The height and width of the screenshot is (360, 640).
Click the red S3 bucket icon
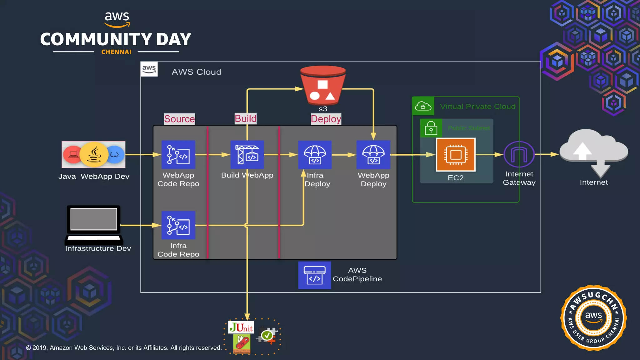pyautogui.click(x=323, y=86)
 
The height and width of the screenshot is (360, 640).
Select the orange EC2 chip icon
pyautogui.click(x=456, y=155)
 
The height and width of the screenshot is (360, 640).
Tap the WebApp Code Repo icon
pyautogui.click(x=178, y=155)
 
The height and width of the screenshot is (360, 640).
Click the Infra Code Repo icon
pyautogui.click(x=178, y=225)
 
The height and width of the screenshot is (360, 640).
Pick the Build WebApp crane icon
pyautogui.click(x=247, y=155)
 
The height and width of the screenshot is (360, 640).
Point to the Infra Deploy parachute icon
pyautogui.click(x=315, y=155)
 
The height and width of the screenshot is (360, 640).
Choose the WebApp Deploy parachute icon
pyautogui.click(x=373, y=155)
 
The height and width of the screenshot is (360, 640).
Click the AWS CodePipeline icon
pyautogui.click(x=314, y=275)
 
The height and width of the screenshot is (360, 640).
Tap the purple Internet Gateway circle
pyautogui.click(x=519, y=154)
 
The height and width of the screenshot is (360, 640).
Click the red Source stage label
pyautogui.click(x=179, y=119)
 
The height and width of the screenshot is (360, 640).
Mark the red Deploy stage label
pyautogui.click(x=326, y=119)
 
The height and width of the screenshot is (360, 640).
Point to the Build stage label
pyautogui.click(x=245, y=119)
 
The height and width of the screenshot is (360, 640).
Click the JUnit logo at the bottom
pyautogui.click(x=241, y=327)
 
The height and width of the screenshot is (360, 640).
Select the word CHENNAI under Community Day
pyautogui.click(x=116, y=52)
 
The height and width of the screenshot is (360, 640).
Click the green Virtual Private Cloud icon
pyautogui.click(x=423, y=106)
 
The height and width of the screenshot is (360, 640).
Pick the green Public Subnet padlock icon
pyautogui.click(x=431, y=128)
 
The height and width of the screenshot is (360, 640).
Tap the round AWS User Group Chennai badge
pyautogui.click(x=593, y=318)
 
